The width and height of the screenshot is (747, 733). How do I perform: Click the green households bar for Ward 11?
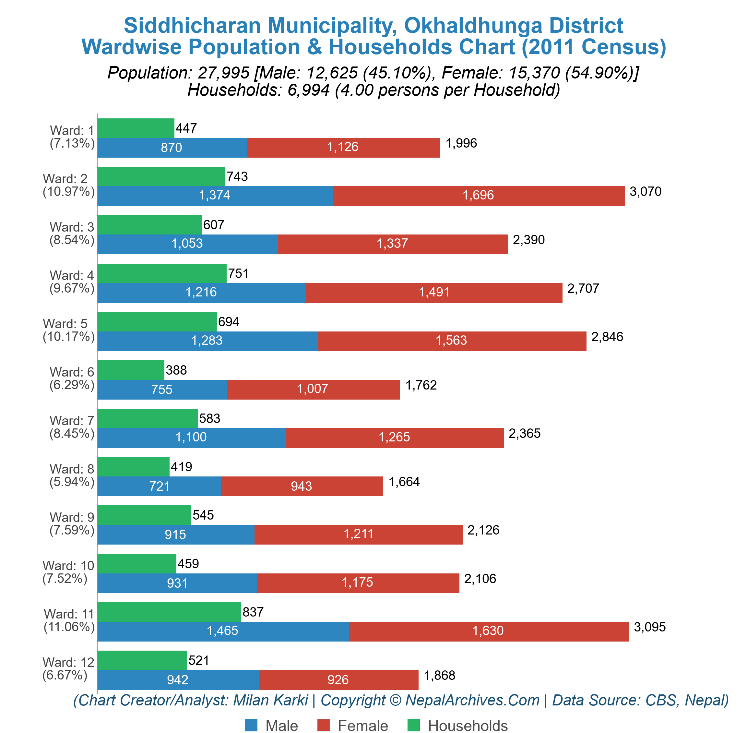tap(169, 612)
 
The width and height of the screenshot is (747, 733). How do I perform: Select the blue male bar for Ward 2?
tap(215, 196)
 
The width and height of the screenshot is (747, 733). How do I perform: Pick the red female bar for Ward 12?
tap(338, 680)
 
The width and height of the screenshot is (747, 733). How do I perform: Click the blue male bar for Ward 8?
tap(159, 486)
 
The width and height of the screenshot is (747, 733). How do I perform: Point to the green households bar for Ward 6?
tap(131, 370)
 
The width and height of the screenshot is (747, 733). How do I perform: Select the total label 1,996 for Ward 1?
tap(461, 143)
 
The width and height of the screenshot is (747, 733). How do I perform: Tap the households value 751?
tap(238, 273)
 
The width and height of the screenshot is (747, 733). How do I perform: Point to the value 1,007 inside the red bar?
tap(313, 389)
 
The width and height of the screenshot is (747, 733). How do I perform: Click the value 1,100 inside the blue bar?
tap(191, 437)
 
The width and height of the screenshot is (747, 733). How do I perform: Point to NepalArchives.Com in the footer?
tap(473, 700)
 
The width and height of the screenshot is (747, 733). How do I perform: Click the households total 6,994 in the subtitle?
tap(308, 90)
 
